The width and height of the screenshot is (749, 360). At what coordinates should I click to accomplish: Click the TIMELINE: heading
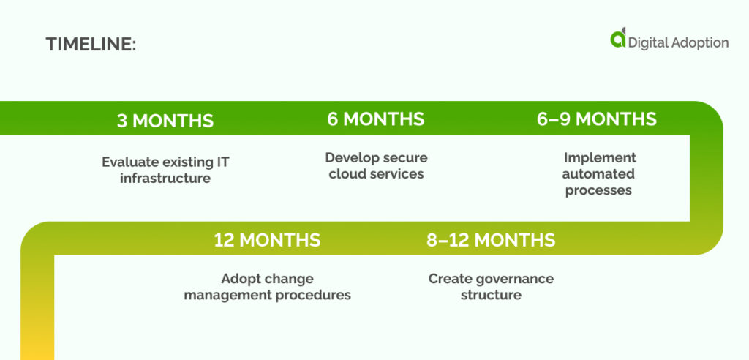point(91,44)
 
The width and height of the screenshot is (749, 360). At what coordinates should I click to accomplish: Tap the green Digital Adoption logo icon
point(618,39)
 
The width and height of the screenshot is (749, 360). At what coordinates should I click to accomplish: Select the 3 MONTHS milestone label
point(165,121)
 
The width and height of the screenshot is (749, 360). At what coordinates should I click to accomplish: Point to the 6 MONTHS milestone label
point(375,119)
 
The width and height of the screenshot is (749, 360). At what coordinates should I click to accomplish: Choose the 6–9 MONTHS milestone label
point(597,119)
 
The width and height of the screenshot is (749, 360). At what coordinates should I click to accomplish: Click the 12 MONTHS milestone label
point(267,239)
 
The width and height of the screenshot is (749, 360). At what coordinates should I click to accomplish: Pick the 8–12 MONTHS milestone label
point(491,239)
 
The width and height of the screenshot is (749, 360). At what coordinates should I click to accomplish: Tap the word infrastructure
point(165,178)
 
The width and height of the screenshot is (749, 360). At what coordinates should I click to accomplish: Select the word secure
point(404,157)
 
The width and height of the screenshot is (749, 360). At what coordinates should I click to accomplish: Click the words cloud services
point(376,174)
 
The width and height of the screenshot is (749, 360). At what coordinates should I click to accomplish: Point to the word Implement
point(600,157)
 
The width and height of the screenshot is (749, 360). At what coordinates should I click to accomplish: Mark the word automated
point(598,174)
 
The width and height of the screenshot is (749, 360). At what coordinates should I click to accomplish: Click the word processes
point(598,190)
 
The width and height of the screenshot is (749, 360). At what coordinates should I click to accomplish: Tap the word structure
point(491,296)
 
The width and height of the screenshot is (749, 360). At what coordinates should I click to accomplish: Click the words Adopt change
point(267,279)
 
